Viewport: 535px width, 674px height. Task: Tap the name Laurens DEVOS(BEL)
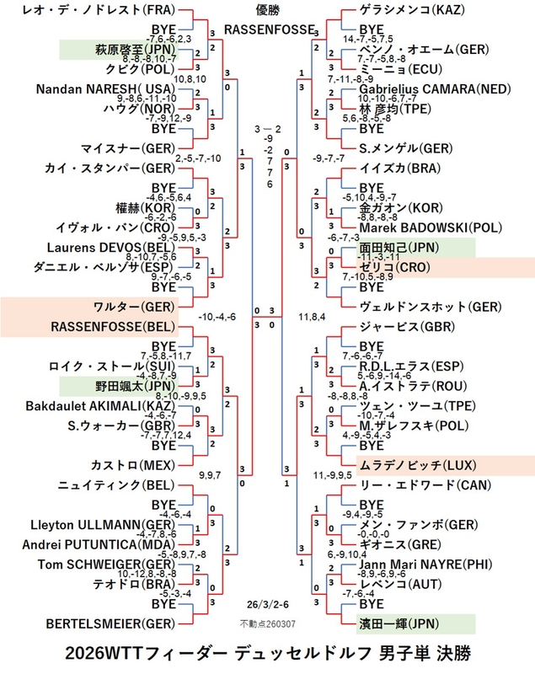coord(119,247)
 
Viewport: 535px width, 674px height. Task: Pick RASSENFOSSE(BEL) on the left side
coord(114,325)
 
